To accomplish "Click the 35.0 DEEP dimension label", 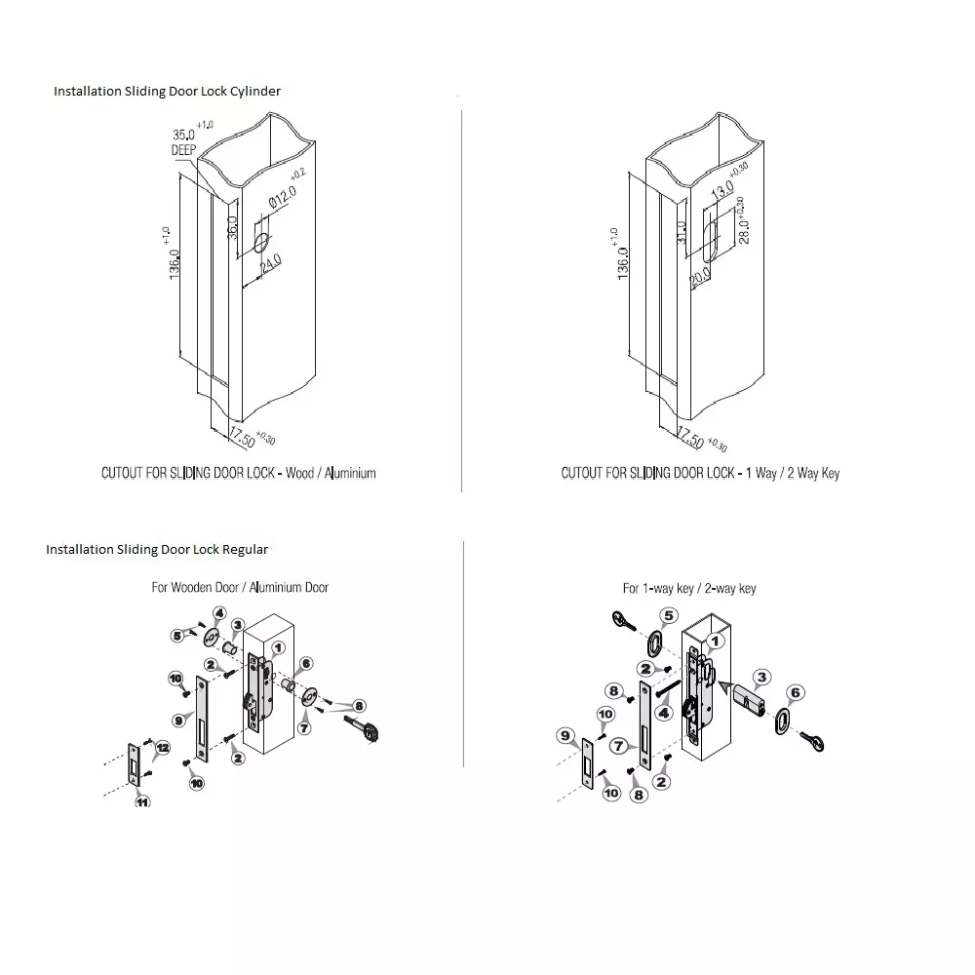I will coord(184,141).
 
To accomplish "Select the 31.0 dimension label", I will coord(682,232).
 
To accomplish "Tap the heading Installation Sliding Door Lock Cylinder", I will coord(167,91).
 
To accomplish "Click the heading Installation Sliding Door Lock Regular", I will coord(157,549).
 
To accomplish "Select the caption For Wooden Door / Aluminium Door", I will coord(240,587).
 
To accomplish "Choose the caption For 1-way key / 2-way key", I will coord(689,588).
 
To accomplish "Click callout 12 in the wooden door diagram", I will coord(162,748).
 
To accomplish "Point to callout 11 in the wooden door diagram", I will coord(142,801).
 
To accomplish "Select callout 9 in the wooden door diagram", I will coord(179,721).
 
